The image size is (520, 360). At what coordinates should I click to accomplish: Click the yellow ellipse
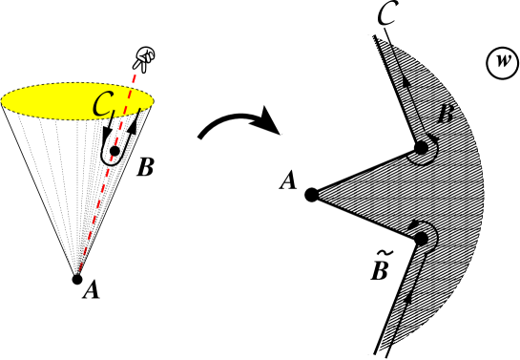[x=57, y=101]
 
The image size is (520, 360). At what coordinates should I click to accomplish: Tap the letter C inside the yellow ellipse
[x=102, y=105]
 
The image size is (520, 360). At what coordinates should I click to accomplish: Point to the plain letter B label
[x=445, y=116]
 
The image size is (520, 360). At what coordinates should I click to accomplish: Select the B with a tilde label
[x=380, y=271]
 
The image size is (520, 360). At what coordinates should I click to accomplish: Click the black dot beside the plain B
[x=421, y=148]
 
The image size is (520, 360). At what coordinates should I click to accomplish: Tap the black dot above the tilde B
[x=421, y=239]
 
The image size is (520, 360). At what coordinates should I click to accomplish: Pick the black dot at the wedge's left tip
[x=312, y=195]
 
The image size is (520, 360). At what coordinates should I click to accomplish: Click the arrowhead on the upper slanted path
[x=406, y=83]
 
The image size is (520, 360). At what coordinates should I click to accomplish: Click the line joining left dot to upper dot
[x=366, y=171]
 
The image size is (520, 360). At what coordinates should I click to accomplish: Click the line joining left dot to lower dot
[x=366, y=217]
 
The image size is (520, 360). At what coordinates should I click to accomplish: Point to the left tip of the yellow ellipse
[x=3, y=101]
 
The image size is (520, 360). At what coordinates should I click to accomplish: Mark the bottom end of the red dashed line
[x=80, y=270]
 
